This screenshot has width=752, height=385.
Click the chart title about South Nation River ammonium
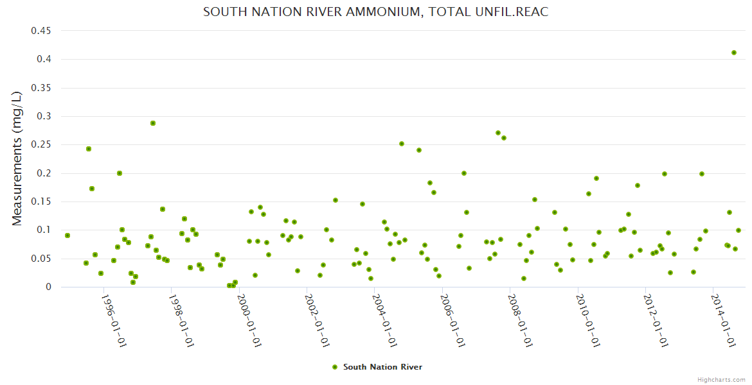click(x=375, y=12)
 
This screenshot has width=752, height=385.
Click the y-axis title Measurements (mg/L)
click(x=17, y=158)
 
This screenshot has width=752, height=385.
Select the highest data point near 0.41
click(x=734, y=53)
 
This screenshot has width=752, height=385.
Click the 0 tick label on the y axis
click(x=48, y=287)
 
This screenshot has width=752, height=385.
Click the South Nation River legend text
click(x=382, y=367)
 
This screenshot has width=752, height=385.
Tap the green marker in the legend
click(x=334, y=367)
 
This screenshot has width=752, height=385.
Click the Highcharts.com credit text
click(x=721, y=379)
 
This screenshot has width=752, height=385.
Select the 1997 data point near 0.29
click(x=153, y=123)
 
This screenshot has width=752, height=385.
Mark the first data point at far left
click(x=67, y=235)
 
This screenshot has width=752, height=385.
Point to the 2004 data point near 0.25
click(x=402, y=144)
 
